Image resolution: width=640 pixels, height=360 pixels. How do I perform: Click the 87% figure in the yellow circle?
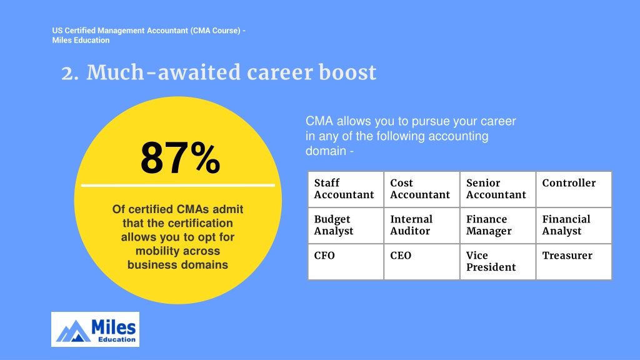pos(180,158)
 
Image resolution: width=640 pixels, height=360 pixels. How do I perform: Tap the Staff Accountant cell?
pos(346,189)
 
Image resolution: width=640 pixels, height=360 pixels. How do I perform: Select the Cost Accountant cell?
pos(422,189)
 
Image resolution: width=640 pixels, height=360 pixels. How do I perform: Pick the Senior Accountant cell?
pos(497,189)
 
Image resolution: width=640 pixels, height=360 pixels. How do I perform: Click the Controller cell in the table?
pos(574,189)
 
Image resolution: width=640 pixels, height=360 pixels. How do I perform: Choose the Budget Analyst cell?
pos(346,226)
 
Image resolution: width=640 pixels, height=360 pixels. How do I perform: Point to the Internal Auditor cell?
pos(422,226)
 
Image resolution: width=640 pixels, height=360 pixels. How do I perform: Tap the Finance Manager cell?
pos(497,226)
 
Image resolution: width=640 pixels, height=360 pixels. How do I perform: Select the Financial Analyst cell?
pos(574,226)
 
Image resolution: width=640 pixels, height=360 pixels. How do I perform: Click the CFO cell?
pos(346,262)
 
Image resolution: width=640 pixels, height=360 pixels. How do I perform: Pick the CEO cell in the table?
pos(422,262)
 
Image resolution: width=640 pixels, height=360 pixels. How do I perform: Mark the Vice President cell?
pos(497,262)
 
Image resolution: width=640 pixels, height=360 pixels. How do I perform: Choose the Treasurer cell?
pos(574,262)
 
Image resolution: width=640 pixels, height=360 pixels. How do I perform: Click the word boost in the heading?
pos(347,72)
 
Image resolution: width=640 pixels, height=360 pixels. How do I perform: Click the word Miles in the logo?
pos(114,327)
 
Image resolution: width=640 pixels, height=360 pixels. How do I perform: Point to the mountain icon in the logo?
pos(74,331)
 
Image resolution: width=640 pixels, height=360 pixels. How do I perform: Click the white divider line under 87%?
pos(178,185)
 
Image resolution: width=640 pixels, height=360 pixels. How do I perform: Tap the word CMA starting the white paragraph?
pos(319,121)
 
